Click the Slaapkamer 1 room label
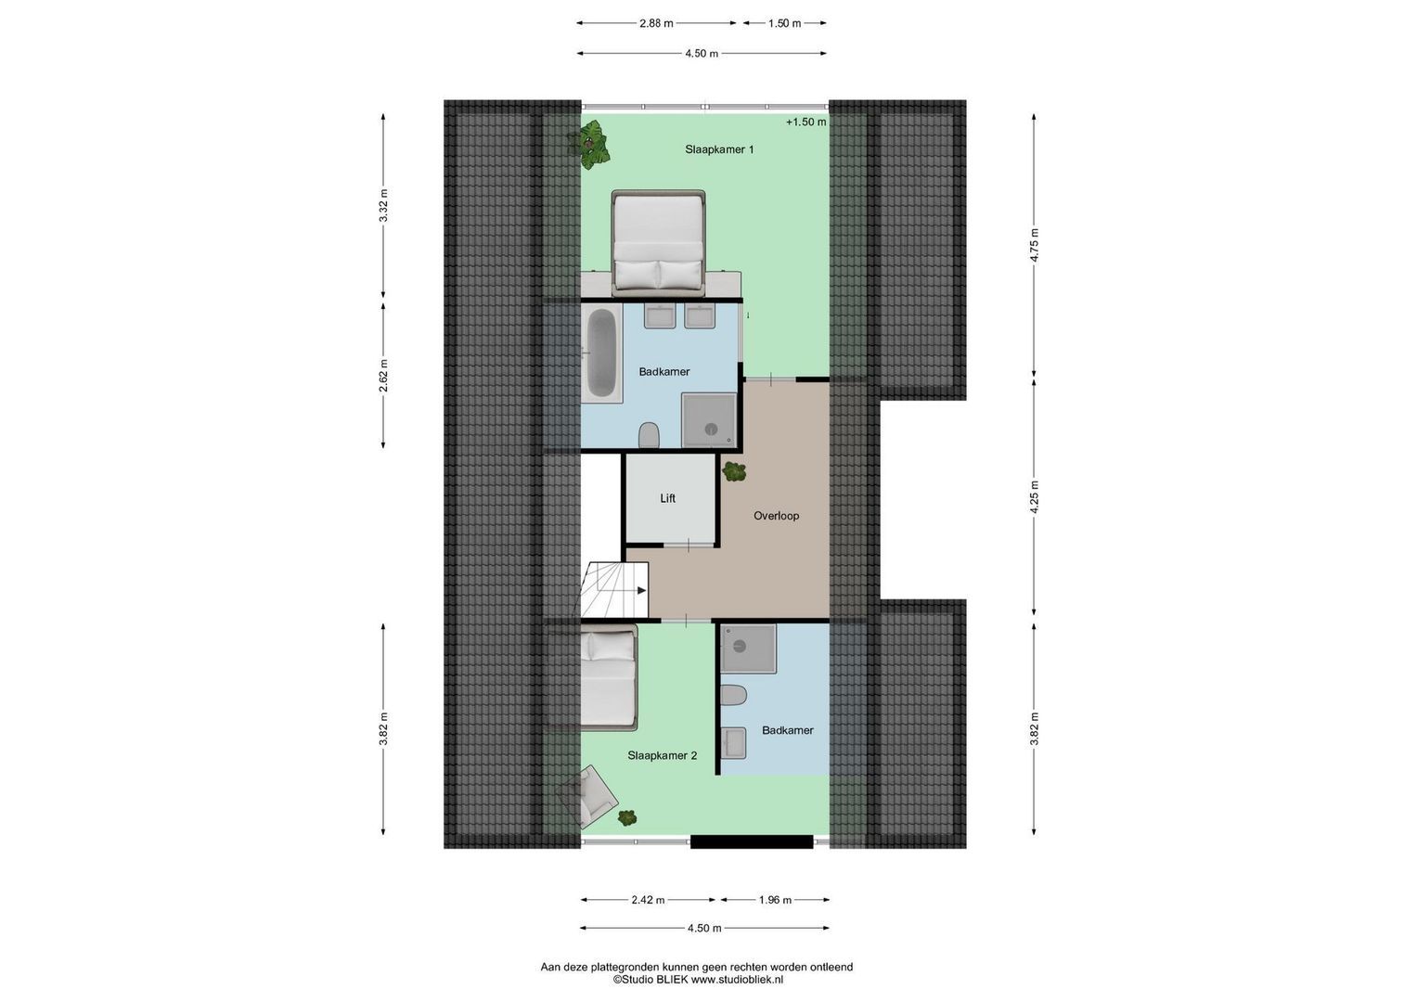719,149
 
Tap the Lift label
667,498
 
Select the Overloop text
776,516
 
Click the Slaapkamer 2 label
662,755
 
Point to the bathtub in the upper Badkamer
601,354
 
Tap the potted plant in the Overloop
734,471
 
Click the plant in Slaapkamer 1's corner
590,144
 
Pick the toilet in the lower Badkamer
734,696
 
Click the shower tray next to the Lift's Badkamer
711,420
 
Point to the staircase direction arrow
638,589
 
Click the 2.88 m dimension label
656,23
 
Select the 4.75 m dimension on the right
1035,245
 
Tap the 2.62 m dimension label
384,375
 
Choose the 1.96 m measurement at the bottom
775,900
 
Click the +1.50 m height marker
805,122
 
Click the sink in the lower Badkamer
734,742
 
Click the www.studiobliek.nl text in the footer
738,979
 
